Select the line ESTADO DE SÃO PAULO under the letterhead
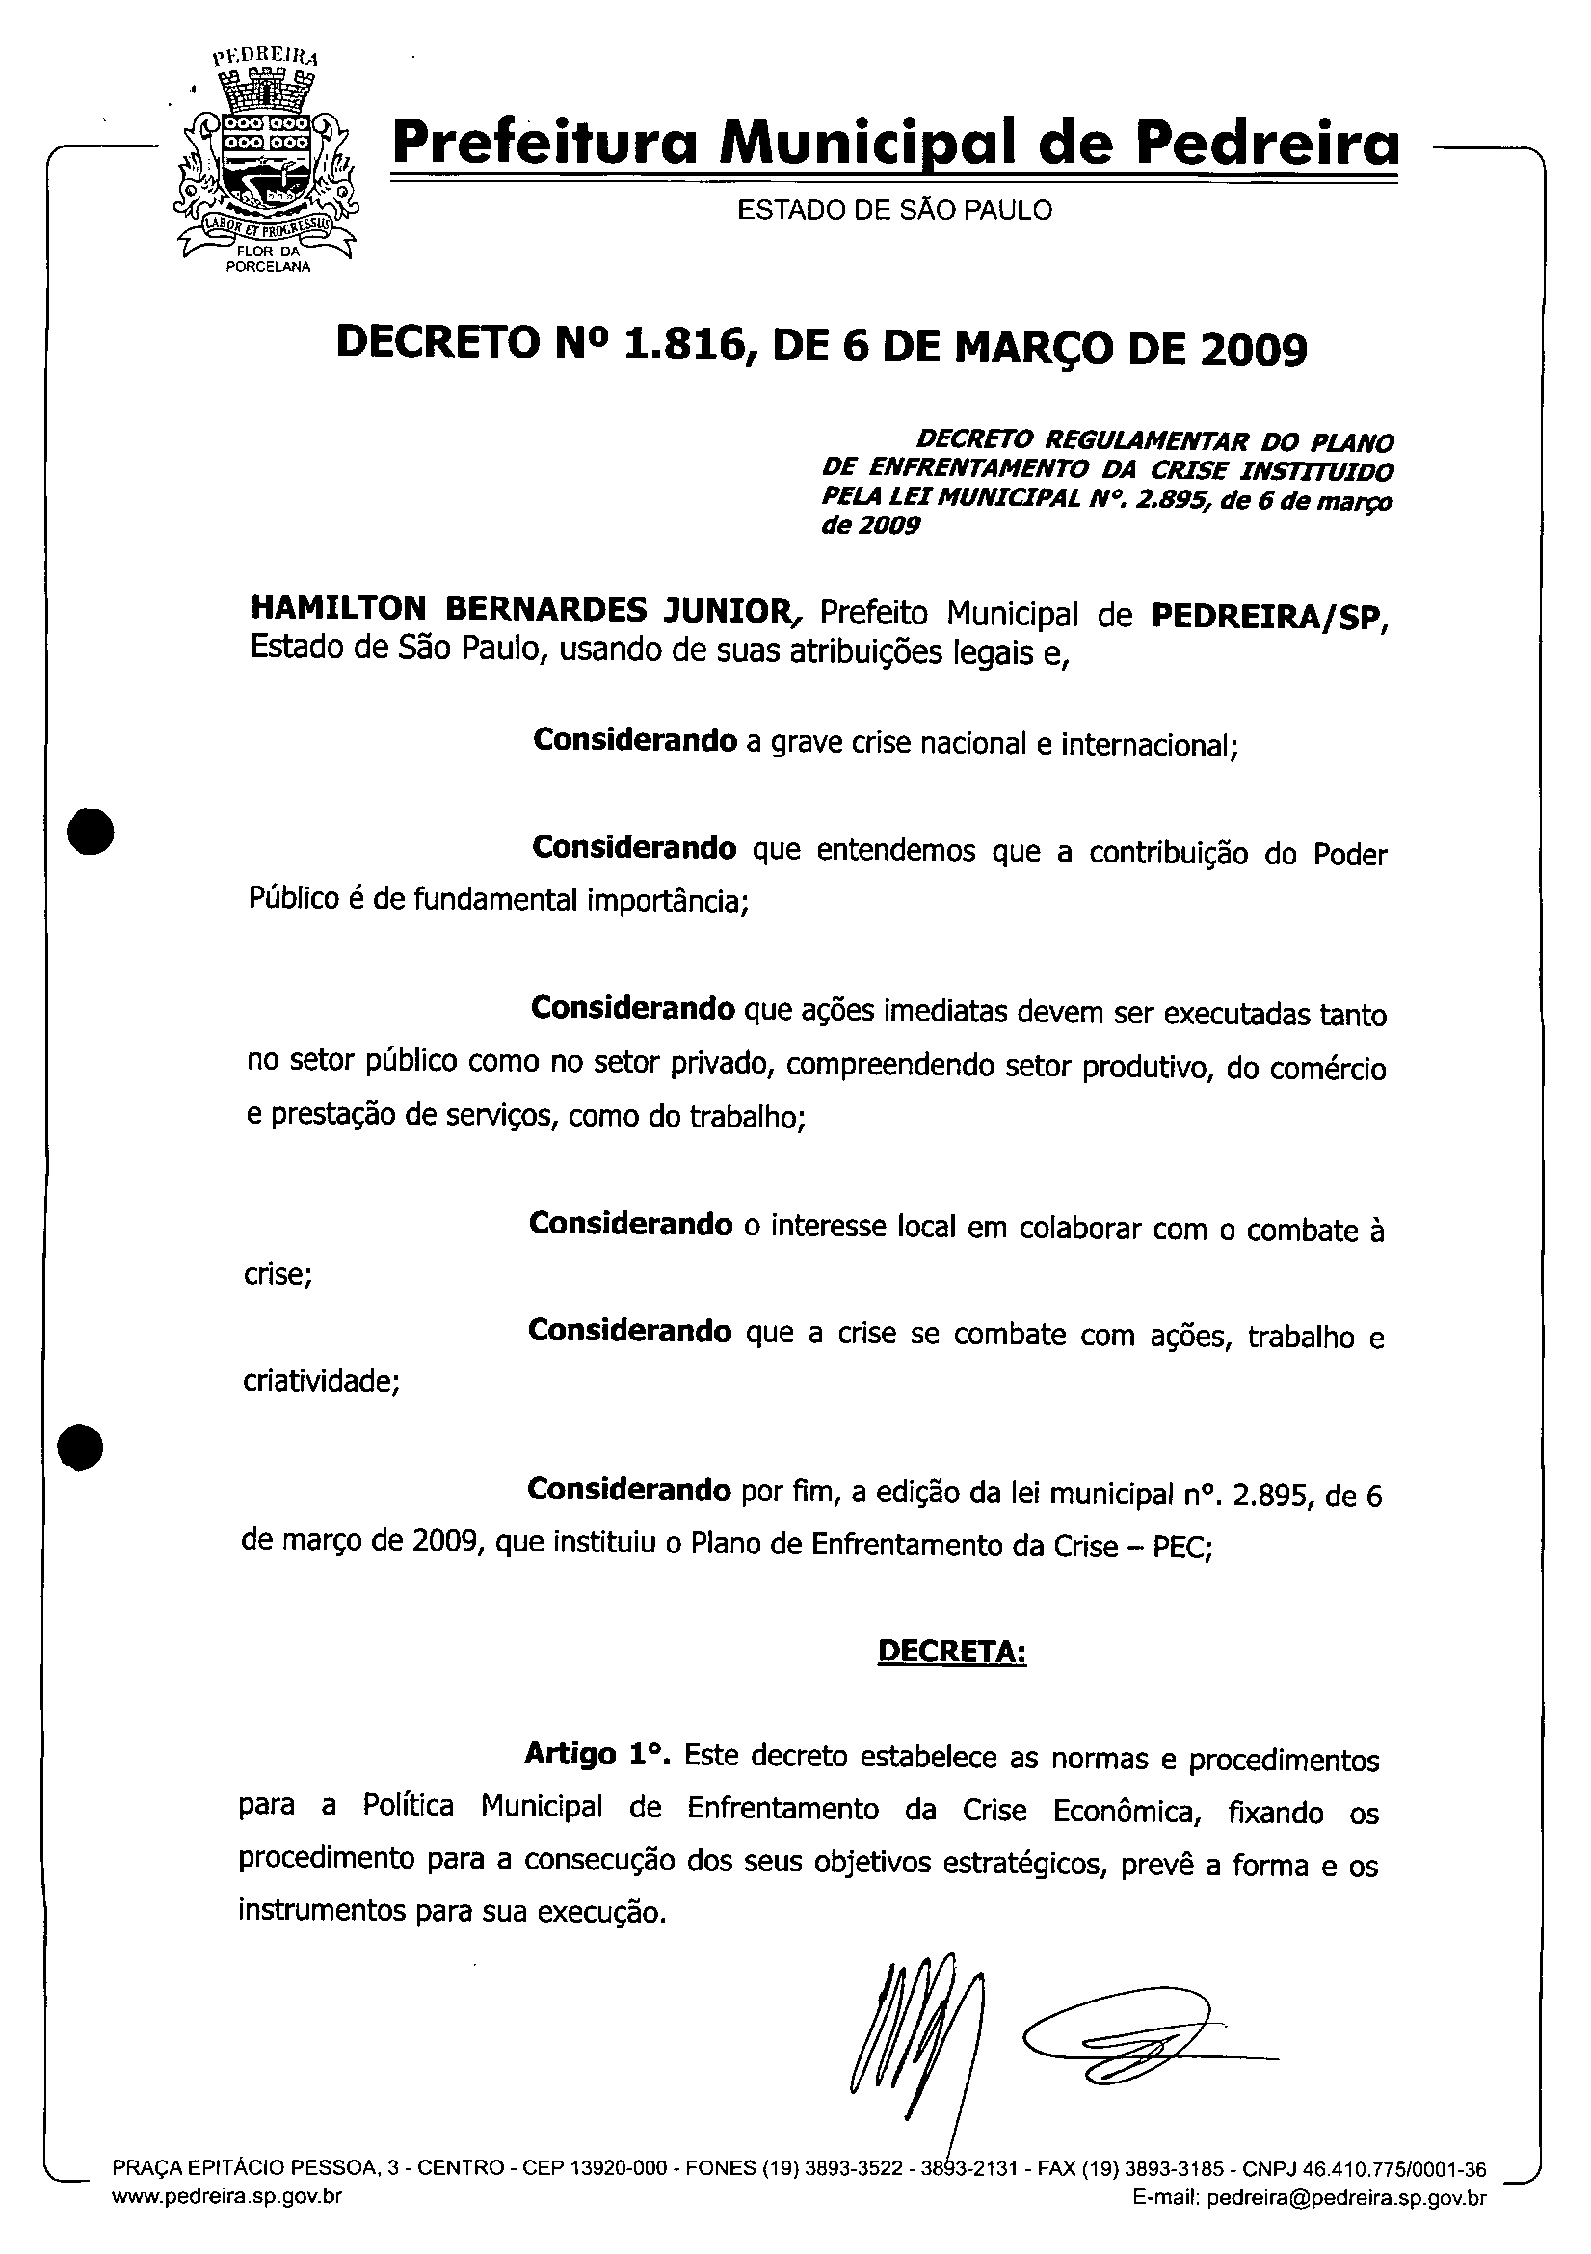point(894,210)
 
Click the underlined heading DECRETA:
point(951,1652)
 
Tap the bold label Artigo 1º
point(597,1753)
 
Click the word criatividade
point(320,1382)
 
